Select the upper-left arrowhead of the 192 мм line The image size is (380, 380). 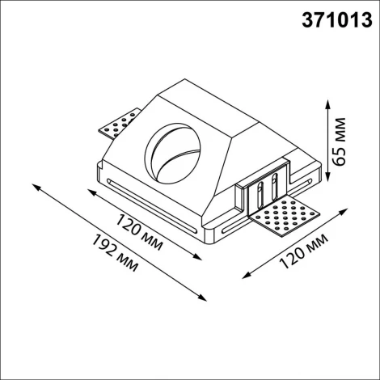(36, 187)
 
